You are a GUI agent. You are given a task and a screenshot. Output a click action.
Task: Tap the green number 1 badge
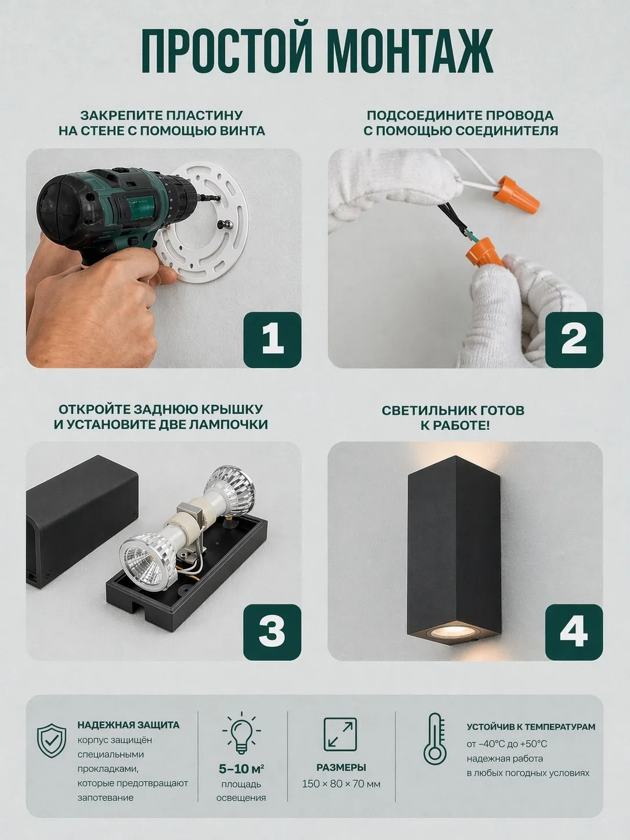coord(272,339)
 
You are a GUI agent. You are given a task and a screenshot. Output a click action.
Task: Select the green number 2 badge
coord(574,339)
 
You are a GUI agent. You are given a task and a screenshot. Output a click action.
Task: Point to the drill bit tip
coord(219,198)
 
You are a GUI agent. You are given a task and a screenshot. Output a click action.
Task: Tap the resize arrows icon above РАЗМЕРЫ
coord(340,734)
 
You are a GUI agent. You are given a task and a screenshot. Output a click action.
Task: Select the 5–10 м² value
coord(241,769)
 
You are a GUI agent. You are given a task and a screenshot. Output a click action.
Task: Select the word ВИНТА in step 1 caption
coord(243,131)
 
